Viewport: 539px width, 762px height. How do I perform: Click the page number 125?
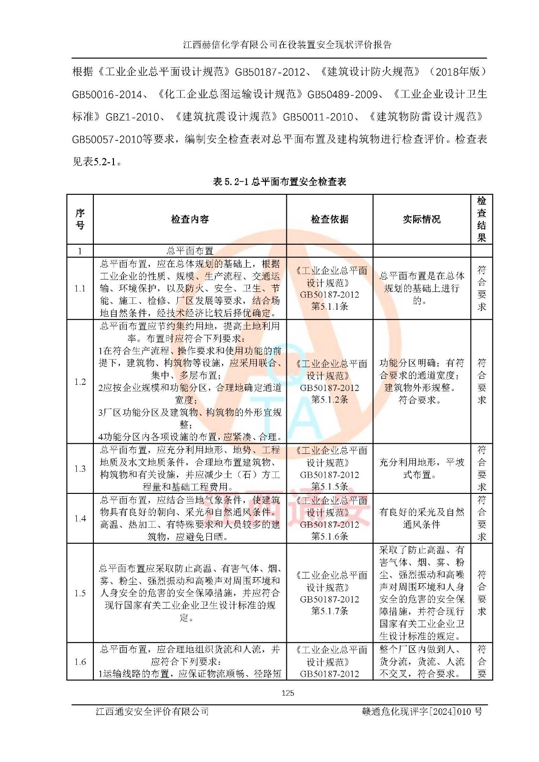[x=287, y=693]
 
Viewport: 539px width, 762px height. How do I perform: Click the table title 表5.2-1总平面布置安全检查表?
[x=279, y=181]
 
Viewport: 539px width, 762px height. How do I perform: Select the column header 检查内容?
[x=190, y=219]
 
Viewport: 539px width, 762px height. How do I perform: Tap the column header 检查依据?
[x=329, y=219]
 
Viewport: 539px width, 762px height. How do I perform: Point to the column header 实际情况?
[x=421, y=219]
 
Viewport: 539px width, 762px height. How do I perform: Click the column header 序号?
[x=80, y=219]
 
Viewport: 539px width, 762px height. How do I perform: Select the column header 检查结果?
[x=481, y=219]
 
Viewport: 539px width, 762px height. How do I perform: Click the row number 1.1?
[x=80, y=288]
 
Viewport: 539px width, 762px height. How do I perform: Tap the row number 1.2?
[x=80, y=381]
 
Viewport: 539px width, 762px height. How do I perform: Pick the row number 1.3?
[x=80, y=469]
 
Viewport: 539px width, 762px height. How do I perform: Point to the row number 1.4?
[x=80, y=518]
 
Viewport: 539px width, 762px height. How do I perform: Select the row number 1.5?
[x=80, y=593]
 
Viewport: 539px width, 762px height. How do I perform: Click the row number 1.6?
[x=80, y=662]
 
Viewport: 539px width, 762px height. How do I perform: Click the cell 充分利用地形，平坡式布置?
[x=421, y=469]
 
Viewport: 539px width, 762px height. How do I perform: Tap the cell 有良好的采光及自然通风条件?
[x=421, y=518]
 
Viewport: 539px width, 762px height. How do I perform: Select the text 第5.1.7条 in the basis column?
[x=329, y=611]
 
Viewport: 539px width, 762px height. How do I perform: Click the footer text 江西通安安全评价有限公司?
[x=152, y=712]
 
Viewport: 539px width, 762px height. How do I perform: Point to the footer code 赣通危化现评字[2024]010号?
[x=422, y=712]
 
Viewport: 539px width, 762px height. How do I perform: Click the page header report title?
[x=287, y=45]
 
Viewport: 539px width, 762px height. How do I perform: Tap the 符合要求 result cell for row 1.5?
[x=481, y=593]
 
